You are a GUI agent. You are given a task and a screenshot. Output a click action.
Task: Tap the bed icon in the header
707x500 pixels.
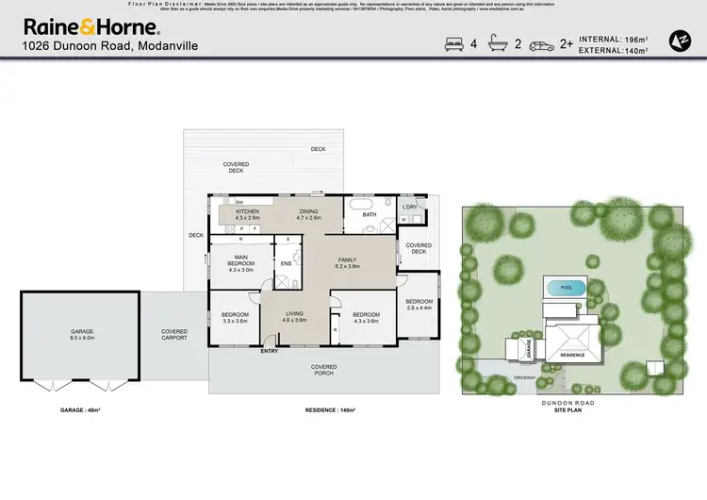tap(452, 43)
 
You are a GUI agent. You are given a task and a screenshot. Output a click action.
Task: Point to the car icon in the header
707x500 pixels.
tap(542, 44)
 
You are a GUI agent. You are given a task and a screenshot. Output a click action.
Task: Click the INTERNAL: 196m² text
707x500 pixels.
tap(613, 40)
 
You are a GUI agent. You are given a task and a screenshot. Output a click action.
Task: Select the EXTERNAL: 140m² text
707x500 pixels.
tap(613, 50)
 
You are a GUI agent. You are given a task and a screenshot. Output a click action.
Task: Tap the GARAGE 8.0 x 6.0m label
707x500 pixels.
tap(80, 335)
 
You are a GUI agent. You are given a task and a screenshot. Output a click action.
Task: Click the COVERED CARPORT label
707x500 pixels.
tap(174, 335)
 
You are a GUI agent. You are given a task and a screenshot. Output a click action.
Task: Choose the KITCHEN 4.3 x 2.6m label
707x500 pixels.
tap(247, 215)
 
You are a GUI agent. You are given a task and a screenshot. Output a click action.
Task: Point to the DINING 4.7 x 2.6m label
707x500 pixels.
tap(309, 215)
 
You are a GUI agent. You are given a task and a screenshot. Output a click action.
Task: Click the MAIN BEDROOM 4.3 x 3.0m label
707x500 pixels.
tap(242, 266)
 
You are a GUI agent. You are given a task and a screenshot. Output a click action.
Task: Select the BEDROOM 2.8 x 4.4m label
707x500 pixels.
tap(418, 304)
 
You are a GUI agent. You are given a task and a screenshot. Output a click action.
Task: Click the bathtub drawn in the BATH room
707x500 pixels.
tap(361, 204)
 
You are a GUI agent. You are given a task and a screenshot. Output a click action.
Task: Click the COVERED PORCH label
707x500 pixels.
tap(324, 369)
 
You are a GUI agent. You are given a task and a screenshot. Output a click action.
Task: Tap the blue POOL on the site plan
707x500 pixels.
tap(565, 288)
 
